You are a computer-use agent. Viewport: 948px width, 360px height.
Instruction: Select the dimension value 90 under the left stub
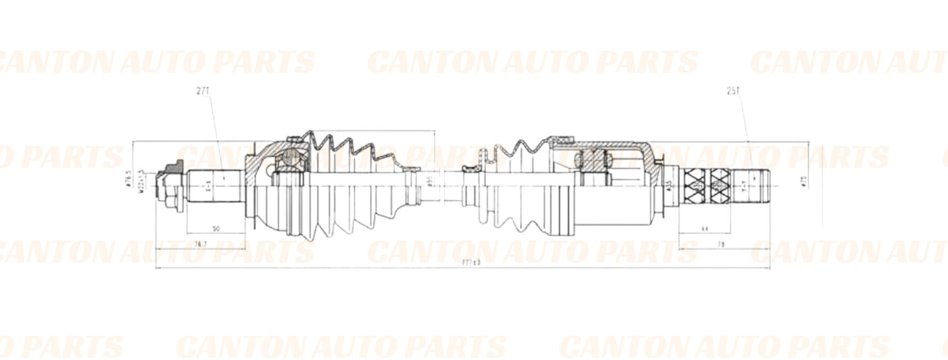pos(216,229)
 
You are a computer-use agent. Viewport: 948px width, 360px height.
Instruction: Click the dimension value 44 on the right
pos(704,229)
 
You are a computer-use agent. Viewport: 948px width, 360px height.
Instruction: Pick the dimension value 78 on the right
pos(720,244)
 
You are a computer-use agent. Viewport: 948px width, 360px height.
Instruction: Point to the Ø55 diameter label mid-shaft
pos(429,181)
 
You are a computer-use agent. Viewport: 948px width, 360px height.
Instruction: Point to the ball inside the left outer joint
pos(291,155)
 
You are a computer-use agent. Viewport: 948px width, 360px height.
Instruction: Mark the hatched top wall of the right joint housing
pos(608,144)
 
